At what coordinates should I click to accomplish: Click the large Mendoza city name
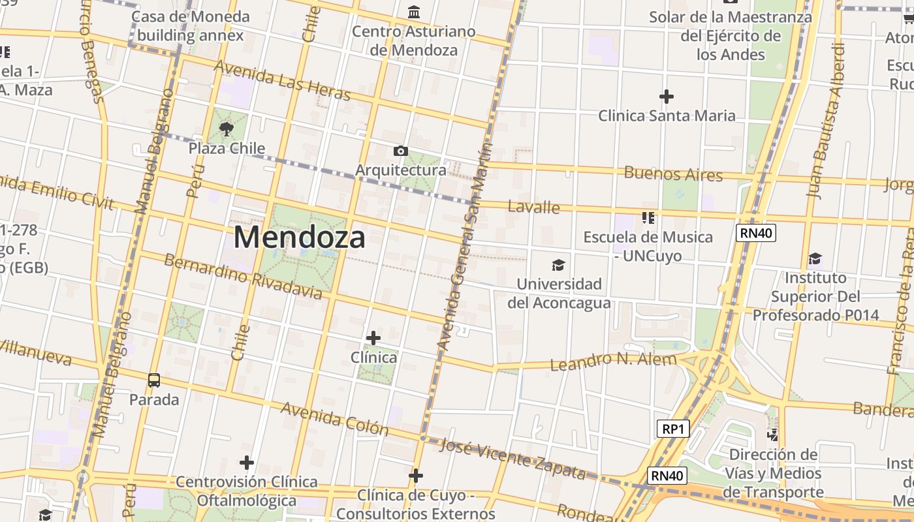coord(299,237)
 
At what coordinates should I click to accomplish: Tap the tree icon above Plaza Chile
coord(227,129)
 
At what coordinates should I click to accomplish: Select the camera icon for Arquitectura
coord(401,151)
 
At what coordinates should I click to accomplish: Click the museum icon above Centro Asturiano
coord(414,12)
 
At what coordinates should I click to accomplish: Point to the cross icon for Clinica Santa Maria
coord(667,97)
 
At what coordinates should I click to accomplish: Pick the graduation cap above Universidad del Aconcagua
coord(558,265)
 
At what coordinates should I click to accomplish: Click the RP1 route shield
coord(672,429)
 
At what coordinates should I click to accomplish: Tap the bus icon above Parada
coord(154,380)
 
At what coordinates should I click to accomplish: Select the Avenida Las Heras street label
coord(282,80)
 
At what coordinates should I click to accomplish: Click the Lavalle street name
coord(534,207)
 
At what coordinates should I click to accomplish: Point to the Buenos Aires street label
coord(673,174)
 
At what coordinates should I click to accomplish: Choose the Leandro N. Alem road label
coord(614,361)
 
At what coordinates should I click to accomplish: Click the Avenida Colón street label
coord(335,418)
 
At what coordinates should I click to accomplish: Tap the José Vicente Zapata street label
coord(512,457)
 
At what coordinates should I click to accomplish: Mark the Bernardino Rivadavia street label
coord(243,277)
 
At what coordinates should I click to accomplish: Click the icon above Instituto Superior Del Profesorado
coord(815,259)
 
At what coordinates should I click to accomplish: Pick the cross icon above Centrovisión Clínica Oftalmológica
coord(246,463)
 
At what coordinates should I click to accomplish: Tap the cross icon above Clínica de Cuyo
coord(416,476)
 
